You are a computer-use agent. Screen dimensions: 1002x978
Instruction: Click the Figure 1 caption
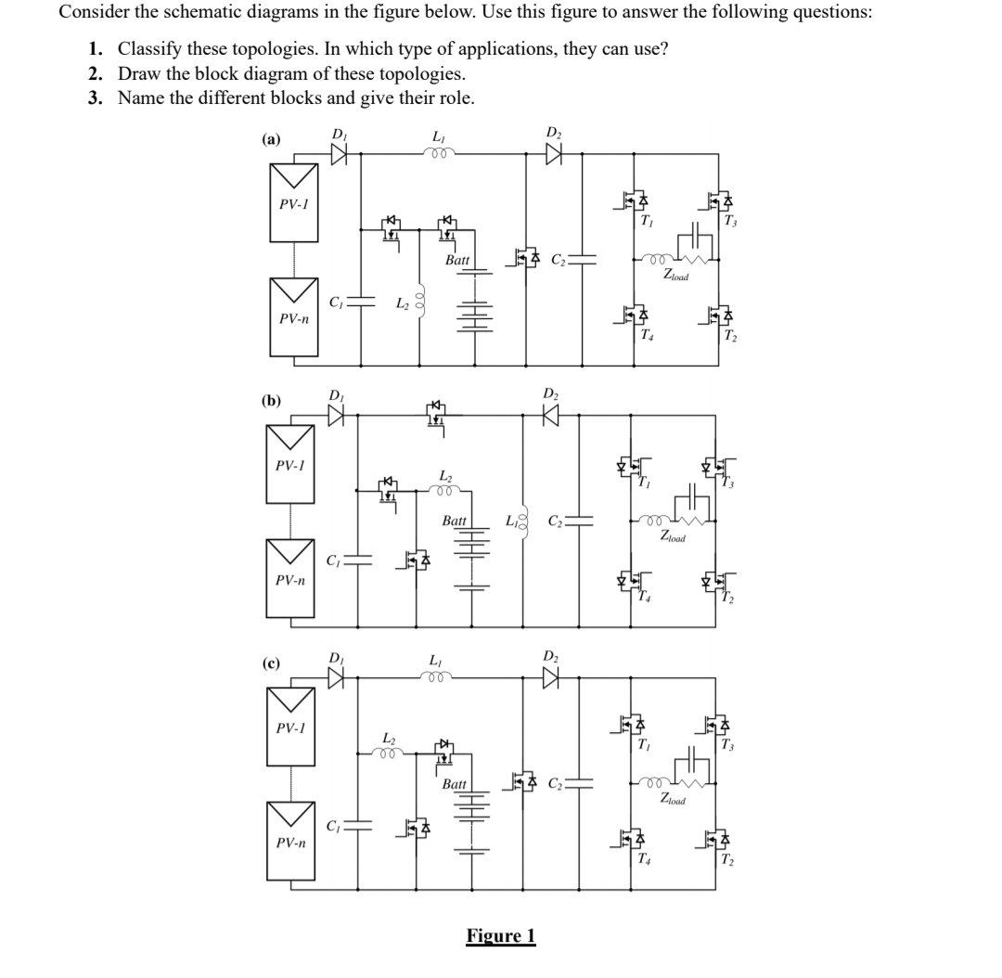point(501,934)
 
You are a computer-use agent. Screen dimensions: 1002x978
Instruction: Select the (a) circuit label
point(271,140)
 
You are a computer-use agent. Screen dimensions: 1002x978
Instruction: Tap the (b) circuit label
point(271,401)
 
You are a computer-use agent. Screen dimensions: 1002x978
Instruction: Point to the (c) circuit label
point(271,663)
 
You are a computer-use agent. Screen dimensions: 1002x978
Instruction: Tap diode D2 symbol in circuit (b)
point(552,417)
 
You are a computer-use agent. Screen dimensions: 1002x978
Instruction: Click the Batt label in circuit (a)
point(457,261)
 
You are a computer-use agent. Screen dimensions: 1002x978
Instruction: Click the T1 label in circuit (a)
point(646,221)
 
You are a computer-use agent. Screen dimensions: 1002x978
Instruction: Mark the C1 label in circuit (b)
point(334,560)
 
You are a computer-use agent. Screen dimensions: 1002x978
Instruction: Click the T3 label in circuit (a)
point(728,221)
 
